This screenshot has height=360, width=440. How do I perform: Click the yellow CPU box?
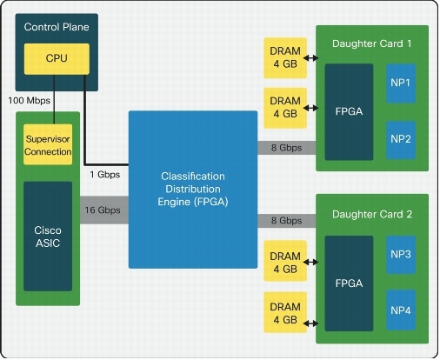[x=57, y=59]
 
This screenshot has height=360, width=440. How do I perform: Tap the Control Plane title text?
[x=57, y=27]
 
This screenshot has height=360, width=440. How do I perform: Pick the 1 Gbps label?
[x=105, y=174]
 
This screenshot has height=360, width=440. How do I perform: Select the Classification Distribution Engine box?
[x=193, y=189]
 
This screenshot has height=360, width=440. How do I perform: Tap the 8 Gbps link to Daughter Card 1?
[x=285, y=148]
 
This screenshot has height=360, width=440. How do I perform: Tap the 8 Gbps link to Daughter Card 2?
[x=285, y=221]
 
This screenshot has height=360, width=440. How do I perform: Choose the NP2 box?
[x=400, y=137]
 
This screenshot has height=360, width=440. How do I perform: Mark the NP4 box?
[x=400, y=308]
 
